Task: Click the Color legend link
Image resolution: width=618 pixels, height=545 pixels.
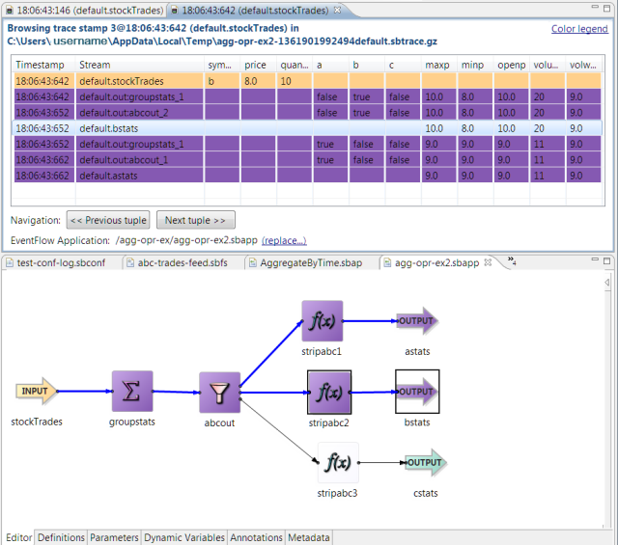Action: tap(579, 29)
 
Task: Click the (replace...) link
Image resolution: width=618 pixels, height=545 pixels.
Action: tap(284, 240)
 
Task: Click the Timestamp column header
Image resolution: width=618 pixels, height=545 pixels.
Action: tap(41, 65)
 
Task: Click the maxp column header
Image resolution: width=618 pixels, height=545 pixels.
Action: tap(436, 65)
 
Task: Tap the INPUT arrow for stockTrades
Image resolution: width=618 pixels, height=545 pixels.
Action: tap(36, 391)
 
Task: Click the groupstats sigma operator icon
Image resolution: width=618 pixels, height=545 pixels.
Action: tap(132, 392)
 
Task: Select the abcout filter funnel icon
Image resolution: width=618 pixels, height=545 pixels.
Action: tap(220, 393)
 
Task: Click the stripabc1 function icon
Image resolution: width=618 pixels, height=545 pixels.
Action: tap(322, 320)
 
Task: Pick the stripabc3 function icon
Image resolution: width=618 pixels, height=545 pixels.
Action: tap(338, 462)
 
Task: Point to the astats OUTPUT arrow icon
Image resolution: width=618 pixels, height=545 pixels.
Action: tap(416, 320)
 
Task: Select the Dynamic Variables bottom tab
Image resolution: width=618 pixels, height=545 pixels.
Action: tap(185, 537)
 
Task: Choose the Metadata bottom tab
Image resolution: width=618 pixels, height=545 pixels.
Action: tap(309, 537)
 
